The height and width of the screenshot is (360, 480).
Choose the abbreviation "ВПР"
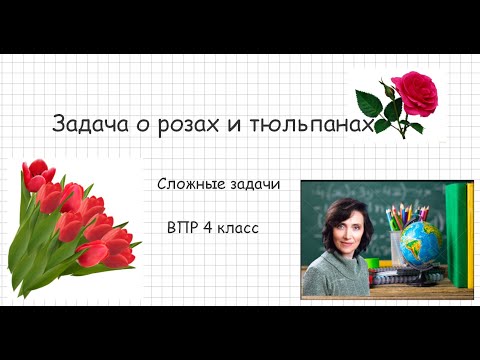(182, 228)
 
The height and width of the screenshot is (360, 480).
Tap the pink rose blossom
(410, 92)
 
